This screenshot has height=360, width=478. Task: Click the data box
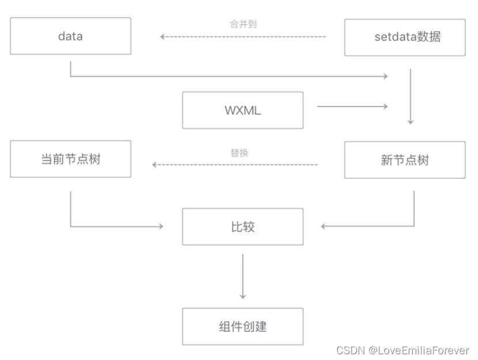pyautogui.click(x=70, y=36)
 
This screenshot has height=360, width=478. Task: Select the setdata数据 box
pyautogui.click(x=405, y=37)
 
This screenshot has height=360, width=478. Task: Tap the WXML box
pyautogui.click(x=243, y=110)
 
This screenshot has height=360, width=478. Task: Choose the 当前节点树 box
pyautogui.click(x=70, y=159)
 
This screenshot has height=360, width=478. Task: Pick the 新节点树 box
pyautogui.click(x=405, y=160)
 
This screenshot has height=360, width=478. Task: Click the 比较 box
pyautogui.click(x=243, y=227)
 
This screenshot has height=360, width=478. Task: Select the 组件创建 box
pyautogui.click(x=243, y=327)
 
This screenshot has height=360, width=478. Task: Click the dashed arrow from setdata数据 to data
pyautogui.click(x=243, y=37)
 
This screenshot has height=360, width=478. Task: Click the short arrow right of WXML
pyautogui.click(x=352, y=106)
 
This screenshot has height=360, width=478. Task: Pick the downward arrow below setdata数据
pyautogui.click(x=411, y=96)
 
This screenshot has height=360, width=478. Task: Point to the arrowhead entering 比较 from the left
pyautogui.click(x=160, y=226)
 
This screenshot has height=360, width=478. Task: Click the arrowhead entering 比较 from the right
pyautogui.click(x=324, y=226)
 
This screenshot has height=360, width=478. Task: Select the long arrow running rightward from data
pyautogui.click(x=231, y=76)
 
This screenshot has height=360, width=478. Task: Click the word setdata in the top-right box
pyautogui.click(x=393, y=37)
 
